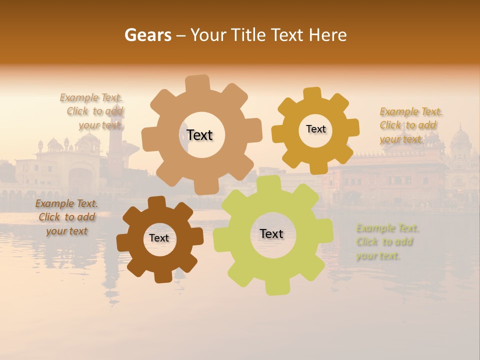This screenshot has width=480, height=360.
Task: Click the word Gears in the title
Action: tap(147, 35)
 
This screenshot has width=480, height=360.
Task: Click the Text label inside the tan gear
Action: tap(199, 135)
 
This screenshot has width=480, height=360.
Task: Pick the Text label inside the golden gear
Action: tap(315, 129)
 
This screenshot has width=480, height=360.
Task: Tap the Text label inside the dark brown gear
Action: tap(159, 238)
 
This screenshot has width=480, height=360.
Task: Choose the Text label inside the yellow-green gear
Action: tap(271, 233)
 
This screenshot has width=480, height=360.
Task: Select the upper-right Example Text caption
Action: tap(410, 125)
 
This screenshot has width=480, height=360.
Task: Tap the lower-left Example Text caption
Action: tap(66, 217)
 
